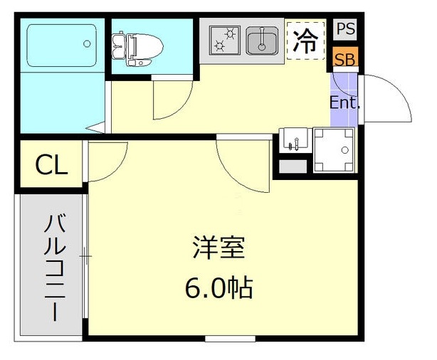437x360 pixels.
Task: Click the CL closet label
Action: [51, 166]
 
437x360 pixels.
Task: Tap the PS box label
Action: [346, 29]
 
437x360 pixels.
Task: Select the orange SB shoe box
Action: [346, 58]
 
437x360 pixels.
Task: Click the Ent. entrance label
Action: [345, 102]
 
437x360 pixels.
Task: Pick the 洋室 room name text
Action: [218, 249]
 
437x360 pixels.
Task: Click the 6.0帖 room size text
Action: [218, 287]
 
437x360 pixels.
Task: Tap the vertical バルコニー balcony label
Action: [53, 267]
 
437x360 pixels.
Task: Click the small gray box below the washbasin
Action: [291, 167]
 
